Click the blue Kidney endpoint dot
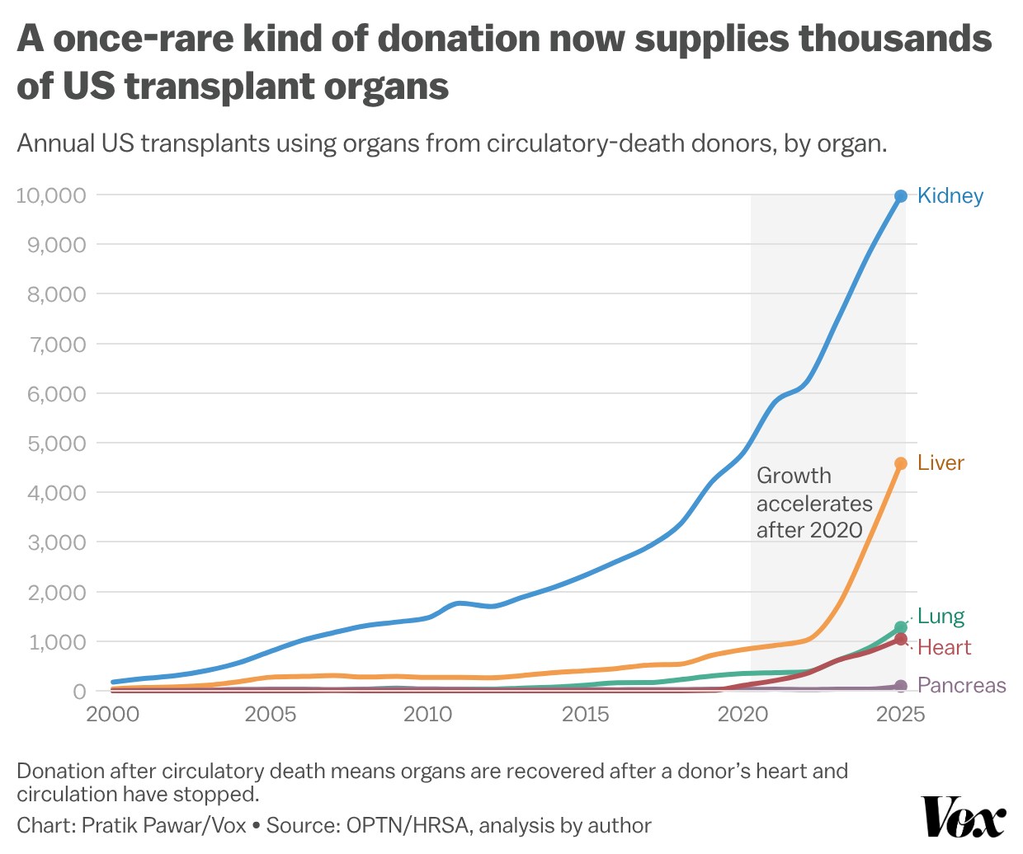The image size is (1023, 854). click(x=901, y=196)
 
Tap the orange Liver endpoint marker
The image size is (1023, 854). click(x=901, y=463)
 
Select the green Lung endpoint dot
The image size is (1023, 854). click(x=901, y=627)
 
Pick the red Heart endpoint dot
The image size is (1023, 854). click(x=901, y=639)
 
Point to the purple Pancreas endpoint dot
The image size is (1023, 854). click(x=901, y=686)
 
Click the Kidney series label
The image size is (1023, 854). click(x=950, y=196)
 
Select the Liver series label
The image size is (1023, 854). click(x=940, y=462)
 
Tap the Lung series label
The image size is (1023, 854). click(x=940, y=616)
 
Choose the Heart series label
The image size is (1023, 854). click(x=944, y=647)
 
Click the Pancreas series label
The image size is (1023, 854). click(x=961, y=685)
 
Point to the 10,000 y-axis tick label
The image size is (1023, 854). click(x=51, y=195)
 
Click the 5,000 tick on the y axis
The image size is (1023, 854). click(x=57, y=443)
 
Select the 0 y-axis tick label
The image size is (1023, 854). click(x=80, y=692)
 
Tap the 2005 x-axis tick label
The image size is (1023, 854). click(x=271, y=715)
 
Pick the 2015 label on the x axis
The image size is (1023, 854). click(x=586, y=715)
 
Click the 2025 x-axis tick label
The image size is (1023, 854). click(x=901, y=715)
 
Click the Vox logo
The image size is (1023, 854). click(x=963, y=817)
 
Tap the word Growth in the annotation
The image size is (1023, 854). click(x=794, y=476)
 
